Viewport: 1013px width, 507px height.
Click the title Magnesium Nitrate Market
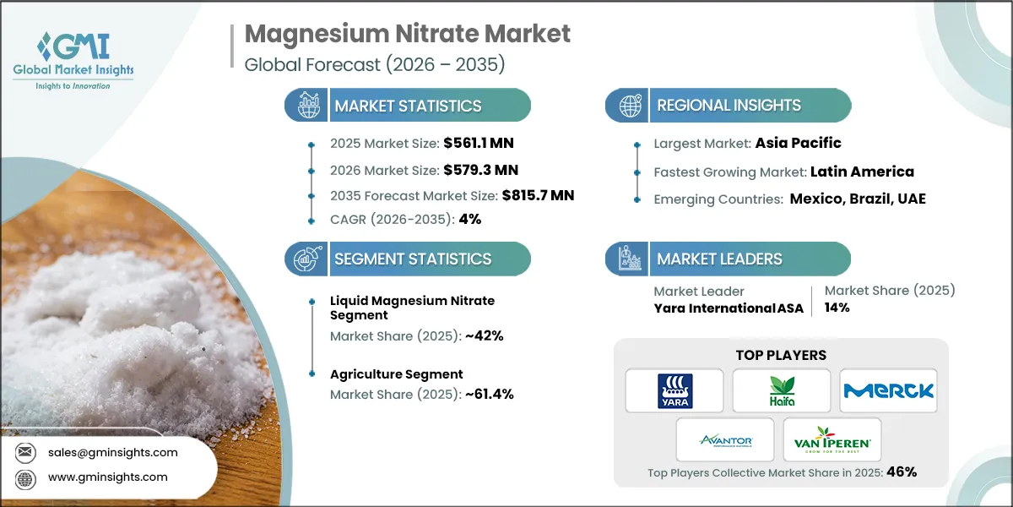(408, 34)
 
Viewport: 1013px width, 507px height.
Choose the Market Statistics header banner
(408, 106)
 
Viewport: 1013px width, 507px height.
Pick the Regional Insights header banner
(729, 106)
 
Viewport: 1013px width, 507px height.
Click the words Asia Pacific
(799, 143)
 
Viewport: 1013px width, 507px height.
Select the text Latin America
(862, 172)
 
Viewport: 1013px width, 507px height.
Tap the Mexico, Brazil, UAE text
(858, 199)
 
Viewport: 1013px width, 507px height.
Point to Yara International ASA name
(729, 308)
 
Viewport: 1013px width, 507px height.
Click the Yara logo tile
(674, 390)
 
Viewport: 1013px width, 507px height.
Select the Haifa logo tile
(781, 390)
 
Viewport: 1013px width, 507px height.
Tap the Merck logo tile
(888, 390)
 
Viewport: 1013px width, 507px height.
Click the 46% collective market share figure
(901, 472)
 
